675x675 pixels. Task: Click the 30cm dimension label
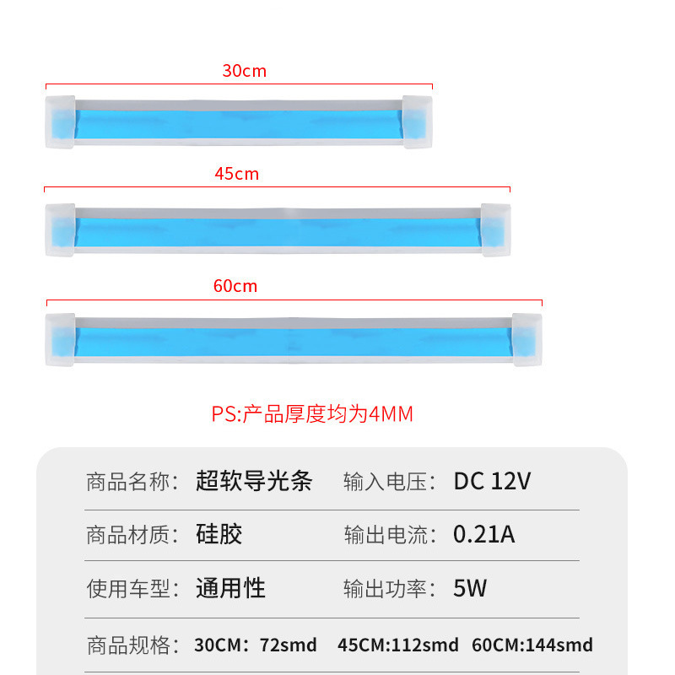[244, 71]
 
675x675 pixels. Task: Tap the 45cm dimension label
[236, 175]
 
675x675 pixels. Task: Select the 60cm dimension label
[235, 286]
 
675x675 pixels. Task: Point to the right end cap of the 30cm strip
[417, 122]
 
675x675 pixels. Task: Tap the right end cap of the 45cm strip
[495, 229]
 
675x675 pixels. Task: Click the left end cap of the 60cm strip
[61, 340]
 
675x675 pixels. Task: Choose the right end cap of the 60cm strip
[526, 340]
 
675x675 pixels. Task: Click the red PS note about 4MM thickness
[312, 414]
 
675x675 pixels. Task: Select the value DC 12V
[492, 482]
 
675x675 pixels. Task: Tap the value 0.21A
[483, 535]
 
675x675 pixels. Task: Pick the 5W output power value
[470, 588]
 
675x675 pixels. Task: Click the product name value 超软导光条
[254, 482]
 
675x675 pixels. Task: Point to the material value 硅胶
[219, 535]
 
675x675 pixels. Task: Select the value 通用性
[230, 588]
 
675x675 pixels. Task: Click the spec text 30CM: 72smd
[256, 645]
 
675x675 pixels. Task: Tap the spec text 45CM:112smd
[398, 645]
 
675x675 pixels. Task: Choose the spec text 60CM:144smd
[532, 645]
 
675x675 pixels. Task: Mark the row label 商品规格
[129, 645]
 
